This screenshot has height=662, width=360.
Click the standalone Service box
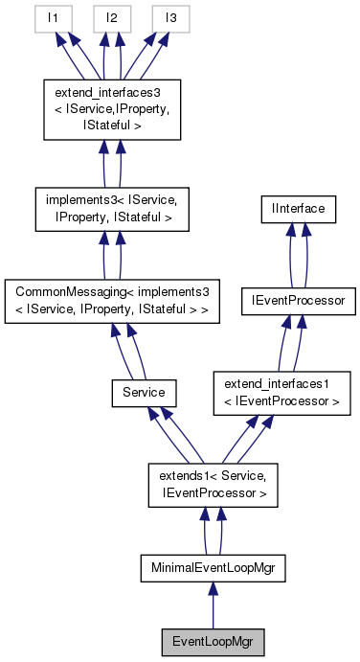(x=144, y=391)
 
